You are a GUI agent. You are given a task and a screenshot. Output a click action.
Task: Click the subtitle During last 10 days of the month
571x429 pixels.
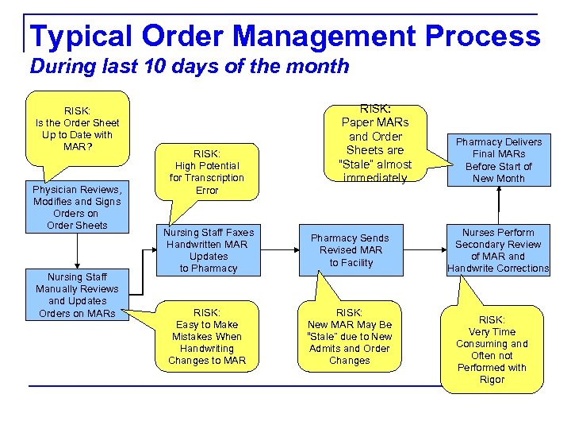[x=189, y=66]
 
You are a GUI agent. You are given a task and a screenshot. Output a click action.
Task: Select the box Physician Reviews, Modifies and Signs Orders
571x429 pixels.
[x=77, y=207]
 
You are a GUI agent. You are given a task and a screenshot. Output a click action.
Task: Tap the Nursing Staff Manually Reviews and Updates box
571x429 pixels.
[x=77, y=295]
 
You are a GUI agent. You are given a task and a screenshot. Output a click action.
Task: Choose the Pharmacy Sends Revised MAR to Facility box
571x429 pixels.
[x=350, y=250]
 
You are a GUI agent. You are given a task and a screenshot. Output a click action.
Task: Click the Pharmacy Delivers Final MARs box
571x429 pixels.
[x=499, y=160]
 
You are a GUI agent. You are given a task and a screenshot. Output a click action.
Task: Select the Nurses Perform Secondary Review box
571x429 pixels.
[x=498, y=250]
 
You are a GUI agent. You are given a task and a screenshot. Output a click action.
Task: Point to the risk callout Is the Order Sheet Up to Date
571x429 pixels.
[x=77, y=128]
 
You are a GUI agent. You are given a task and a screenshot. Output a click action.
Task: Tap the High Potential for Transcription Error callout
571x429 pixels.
[x=207, y=172]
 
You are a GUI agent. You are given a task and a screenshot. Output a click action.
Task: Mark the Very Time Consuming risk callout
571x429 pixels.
[x=492, y=350]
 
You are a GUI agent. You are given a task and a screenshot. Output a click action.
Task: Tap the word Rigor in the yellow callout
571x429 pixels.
[x=492, y=380]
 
